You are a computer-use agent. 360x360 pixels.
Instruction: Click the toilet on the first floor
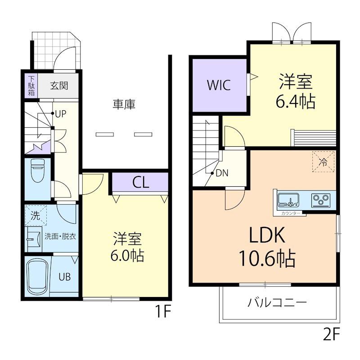tap(38, 171)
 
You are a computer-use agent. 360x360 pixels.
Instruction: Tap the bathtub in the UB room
tap(38, 277)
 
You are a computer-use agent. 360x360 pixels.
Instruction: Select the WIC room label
tap(219, 85)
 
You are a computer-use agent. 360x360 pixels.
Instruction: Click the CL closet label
tap(141, 182)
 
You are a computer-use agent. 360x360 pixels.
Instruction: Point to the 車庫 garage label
tap(124, 104)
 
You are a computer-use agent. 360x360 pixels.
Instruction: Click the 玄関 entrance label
tap(59, 86)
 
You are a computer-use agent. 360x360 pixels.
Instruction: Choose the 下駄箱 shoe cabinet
tap(31, 85)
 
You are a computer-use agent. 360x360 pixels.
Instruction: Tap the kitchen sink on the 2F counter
tap(288, 200)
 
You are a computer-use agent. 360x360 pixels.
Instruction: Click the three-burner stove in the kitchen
tap(320, 200)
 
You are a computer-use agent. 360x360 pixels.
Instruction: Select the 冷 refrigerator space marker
tap(323, 162)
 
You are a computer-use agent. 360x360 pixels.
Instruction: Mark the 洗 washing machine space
tap(36, 216)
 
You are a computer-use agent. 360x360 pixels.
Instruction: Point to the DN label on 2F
tap(222, 173)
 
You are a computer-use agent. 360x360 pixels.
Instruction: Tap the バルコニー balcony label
tap(277, 302)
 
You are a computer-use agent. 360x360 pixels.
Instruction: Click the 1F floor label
tap(163, 311)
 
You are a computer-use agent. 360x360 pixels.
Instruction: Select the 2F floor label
tap(331, 335)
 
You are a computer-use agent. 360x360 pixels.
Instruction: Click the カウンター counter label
tap(291, 213)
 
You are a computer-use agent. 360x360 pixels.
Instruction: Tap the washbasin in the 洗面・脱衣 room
tap(33, 239)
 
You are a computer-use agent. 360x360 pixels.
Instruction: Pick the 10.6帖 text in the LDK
tap(267, 258)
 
